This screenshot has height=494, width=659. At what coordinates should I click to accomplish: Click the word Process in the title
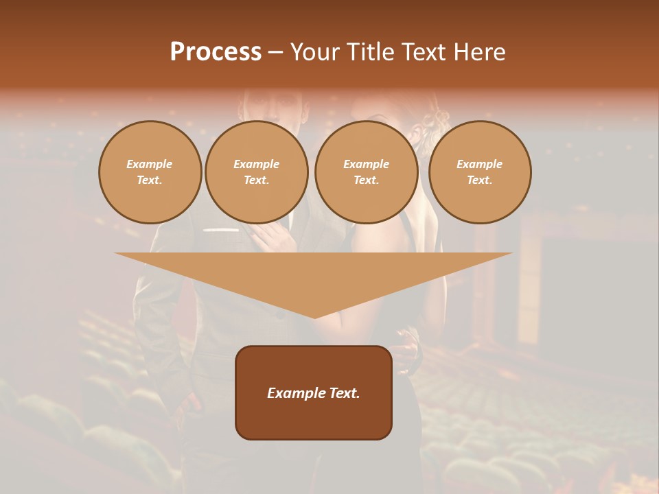click(x=216, y=52)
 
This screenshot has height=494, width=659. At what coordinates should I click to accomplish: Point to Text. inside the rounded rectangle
click(x=345, y=393)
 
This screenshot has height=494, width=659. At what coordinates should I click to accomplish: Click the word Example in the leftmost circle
click(x=150, y=164)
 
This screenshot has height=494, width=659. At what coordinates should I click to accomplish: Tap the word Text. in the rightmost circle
click(x=480, y=180)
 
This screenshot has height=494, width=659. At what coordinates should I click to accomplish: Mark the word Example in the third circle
click(x=366, y=164)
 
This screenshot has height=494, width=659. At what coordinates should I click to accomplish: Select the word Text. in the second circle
click(x=256, y=180)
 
